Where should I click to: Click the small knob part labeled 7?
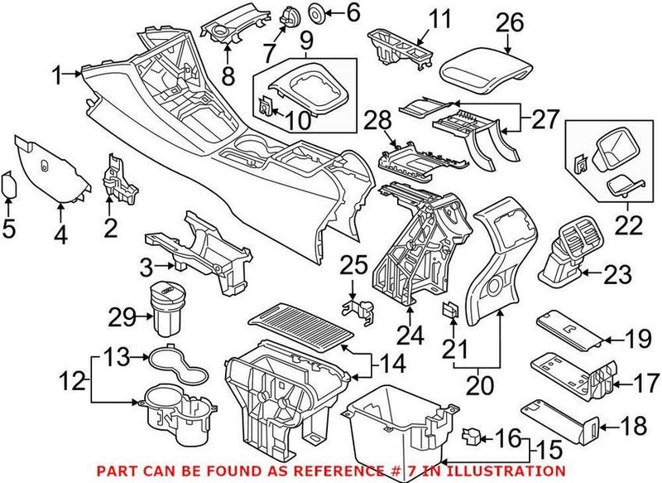coord(290,16)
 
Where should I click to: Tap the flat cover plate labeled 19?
coord(569,329)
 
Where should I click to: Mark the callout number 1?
coord(57,77)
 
